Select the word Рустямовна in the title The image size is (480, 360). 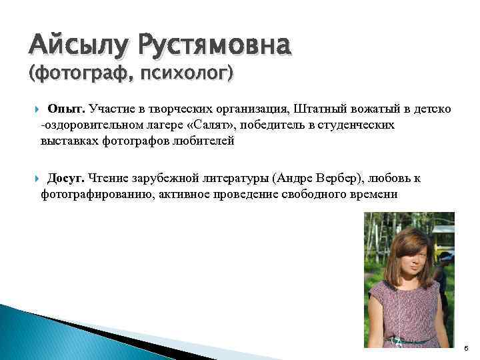215,47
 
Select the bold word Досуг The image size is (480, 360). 65,179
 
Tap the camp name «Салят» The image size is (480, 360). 218,125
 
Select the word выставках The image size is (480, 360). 70,141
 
